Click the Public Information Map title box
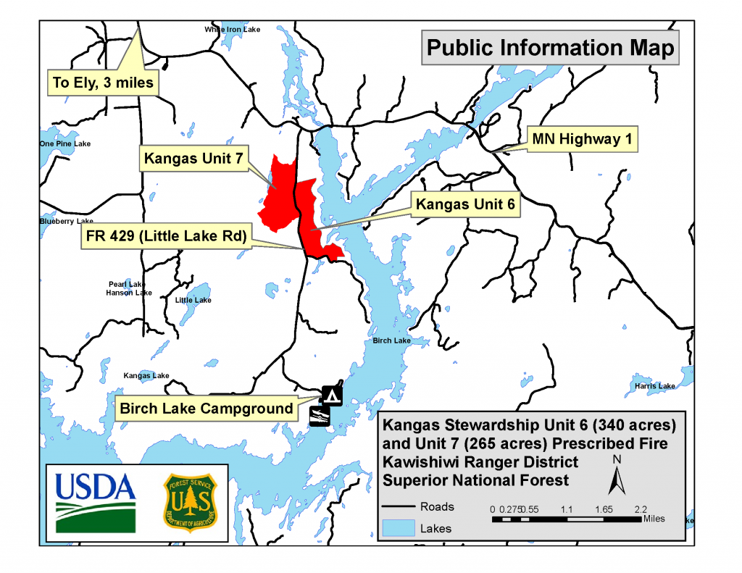(550, 48)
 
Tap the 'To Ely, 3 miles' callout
(103, 83)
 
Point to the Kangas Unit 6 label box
(465, 205)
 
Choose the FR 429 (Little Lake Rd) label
(164, 237)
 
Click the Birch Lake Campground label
(207, 409)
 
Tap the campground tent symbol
(332, 395)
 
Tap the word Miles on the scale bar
(653, 519)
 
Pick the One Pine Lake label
(65, 144)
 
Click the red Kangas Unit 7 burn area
(278, 193)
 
